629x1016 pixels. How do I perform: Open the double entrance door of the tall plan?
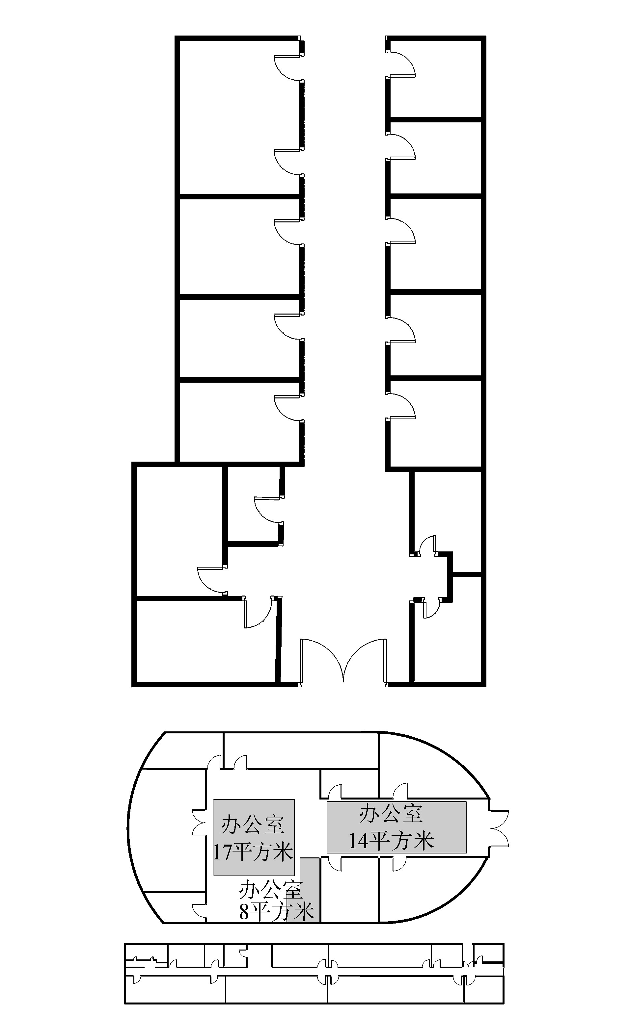pos(343,661)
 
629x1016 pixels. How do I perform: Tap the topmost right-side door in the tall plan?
pos(400,63)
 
